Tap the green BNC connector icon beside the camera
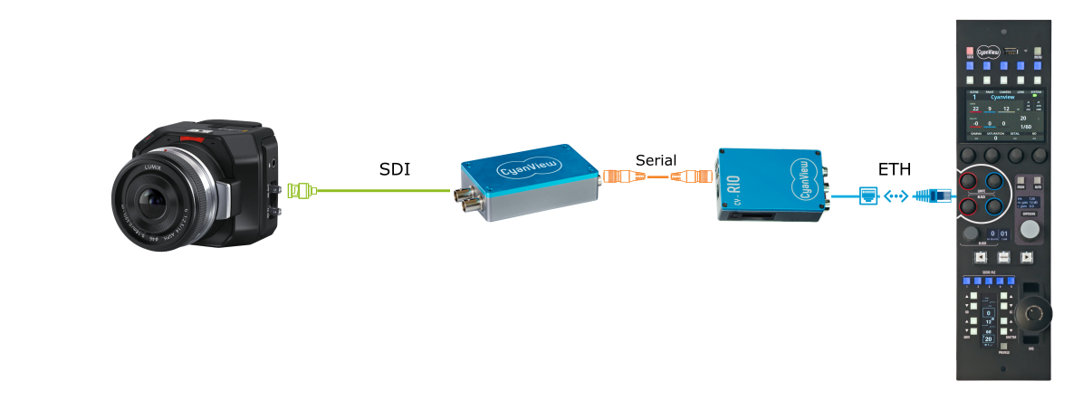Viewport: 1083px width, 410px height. click(x=301, y=191)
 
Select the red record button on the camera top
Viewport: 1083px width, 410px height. click(x=192, y=140)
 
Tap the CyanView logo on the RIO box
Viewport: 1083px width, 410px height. click(x=801, y=177)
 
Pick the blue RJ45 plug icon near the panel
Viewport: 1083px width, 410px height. click(x=932, y=193)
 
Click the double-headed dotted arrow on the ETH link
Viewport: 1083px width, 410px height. click(x=896, y=194)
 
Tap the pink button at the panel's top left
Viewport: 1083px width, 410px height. click(x=970, y=52)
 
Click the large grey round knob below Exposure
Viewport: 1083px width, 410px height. click(x=1030, y=231)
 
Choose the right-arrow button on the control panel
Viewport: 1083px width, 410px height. click(x=1026, y=257)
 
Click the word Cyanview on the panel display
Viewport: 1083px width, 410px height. click(x=1003, y=97)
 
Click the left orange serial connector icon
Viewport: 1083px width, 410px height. click(x=621, y=176)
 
